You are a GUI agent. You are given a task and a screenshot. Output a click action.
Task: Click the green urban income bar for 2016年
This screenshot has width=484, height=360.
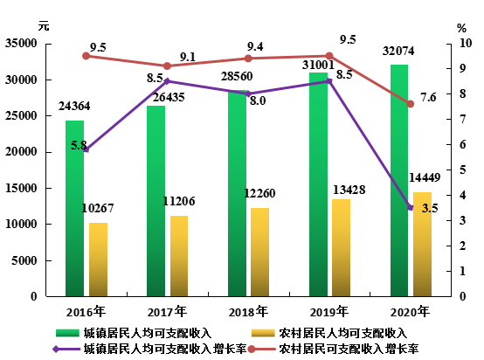[x=75, y=209]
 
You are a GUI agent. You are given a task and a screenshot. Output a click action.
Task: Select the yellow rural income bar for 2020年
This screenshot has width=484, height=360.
[x=422, y=244]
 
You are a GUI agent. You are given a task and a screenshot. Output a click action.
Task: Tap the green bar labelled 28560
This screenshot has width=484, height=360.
[x=237, y=193]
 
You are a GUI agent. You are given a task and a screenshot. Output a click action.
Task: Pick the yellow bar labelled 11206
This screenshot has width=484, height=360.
[x=179, y=256]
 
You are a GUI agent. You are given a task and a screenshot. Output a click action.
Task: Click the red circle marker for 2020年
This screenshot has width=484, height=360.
[x=411, y=104]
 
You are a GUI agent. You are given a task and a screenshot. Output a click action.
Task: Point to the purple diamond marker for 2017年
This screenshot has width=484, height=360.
[x=167, y=81]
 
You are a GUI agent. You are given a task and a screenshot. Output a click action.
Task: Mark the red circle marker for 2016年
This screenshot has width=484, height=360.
[x=86, y=56]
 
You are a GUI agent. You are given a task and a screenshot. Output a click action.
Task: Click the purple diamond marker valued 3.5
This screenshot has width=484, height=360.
[x=411, y=207]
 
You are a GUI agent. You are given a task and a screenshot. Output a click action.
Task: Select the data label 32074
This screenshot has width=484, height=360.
[x=398, y=51]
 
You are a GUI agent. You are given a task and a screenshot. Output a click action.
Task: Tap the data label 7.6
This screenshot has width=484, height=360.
[x=428, y=98]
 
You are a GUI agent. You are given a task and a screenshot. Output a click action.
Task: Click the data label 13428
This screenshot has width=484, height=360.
[x=349, y=190]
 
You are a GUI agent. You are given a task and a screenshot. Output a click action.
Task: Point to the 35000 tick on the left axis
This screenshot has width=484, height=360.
[x=21, y=43]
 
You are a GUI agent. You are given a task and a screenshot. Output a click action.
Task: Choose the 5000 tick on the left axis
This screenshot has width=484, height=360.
[x=24, y=260]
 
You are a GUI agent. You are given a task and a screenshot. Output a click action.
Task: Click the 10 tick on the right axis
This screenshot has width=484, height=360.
[x=466, y=43]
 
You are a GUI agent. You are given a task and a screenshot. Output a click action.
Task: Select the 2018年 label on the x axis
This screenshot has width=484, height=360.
[x=248, y=312]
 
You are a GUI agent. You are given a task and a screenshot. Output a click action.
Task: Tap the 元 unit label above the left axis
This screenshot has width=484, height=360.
[x=44, y=25]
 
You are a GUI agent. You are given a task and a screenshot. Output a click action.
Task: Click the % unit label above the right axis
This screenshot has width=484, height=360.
[x=461, y=29]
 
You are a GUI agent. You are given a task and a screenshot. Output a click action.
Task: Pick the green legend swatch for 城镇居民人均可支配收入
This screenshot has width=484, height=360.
[x=67, y=333]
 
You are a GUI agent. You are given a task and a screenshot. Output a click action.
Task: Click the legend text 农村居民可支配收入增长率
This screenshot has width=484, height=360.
[x=349, y=350]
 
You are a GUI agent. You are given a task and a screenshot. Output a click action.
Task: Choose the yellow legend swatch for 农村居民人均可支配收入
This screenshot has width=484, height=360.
[x=263, y=333]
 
